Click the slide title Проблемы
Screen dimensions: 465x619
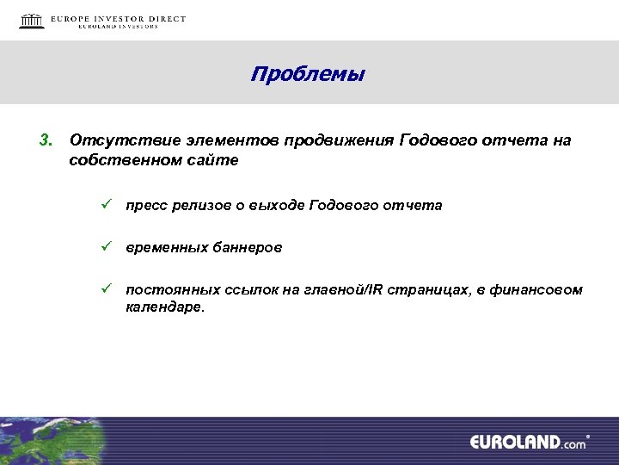point(308,75)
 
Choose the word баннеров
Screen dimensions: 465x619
point(243,247)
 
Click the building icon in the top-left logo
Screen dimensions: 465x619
point(32,21)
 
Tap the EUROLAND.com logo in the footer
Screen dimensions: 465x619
point(528,442)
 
